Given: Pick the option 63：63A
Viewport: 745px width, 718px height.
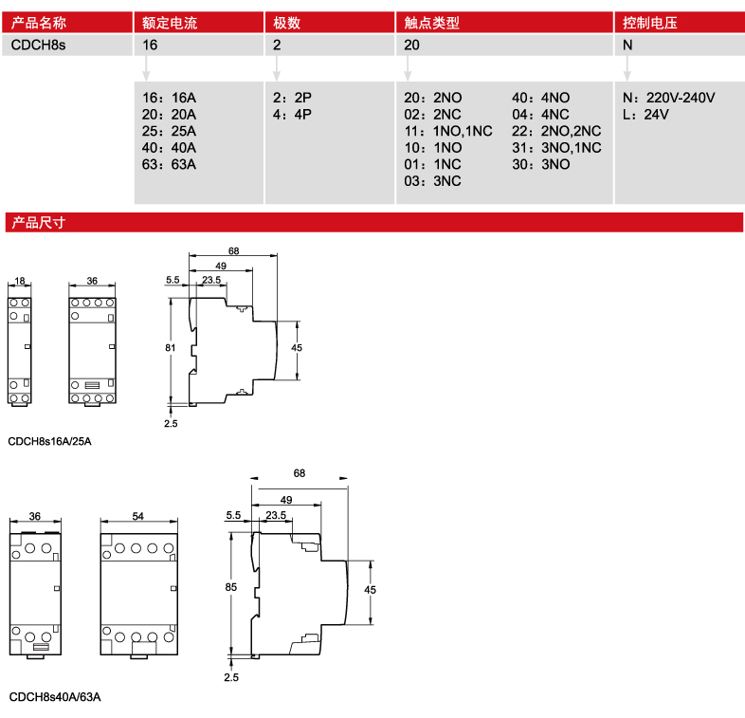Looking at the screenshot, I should tap(169, 164).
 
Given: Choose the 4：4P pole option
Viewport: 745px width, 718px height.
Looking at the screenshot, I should tap(292, 115).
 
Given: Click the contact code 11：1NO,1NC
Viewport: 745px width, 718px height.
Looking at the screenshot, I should tap(448, 131).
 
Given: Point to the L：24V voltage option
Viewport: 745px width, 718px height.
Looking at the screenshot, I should tap(645, 115).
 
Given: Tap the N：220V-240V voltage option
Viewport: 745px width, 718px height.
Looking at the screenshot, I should tap(668, 98).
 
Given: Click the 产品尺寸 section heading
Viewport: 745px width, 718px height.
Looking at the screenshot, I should tap(37, 224).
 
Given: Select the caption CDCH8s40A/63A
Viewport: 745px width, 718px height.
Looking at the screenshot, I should tap(54, 697).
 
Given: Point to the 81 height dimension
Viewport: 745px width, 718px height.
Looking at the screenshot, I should tap(171, 348).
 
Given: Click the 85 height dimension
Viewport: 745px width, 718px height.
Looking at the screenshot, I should tap(230, 588).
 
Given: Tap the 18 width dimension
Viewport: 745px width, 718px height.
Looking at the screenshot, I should tap(20, 282).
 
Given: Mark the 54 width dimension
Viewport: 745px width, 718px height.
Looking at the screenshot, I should tap(138, 517).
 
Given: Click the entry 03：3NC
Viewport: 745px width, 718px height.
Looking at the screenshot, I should tap(432, 181).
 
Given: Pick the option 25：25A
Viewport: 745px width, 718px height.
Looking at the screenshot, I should tap(169, 131).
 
